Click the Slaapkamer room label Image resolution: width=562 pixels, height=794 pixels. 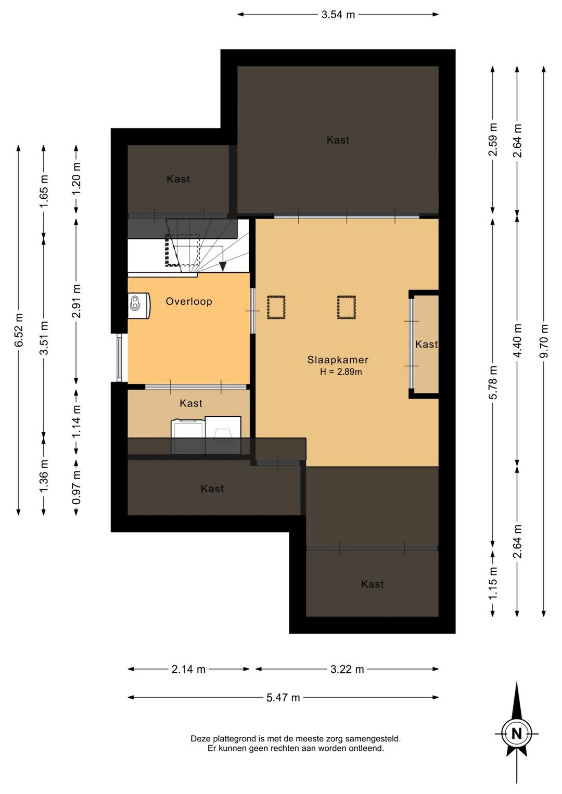338,360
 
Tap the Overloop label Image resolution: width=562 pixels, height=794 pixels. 189,301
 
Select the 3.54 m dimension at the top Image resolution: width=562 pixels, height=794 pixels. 338,15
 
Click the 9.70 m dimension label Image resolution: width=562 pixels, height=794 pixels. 544,341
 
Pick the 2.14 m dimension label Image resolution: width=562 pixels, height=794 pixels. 188,669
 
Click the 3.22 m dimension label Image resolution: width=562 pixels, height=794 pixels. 347,669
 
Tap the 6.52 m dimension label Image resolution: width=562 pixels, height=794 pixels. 18,330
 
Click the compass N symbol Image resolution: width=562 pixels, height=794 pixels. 517,734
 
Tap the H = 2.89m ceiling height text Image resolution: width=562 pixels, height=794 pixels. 341,372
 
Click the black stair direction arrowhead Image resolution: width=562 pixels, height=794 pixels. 223,266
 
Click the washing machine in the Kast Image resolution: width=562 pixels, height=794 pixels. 188,437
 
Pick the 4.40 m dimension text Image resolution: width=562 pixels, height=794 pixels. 517,341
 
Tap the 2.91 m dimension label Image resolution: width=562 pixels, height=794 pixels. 76,301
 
